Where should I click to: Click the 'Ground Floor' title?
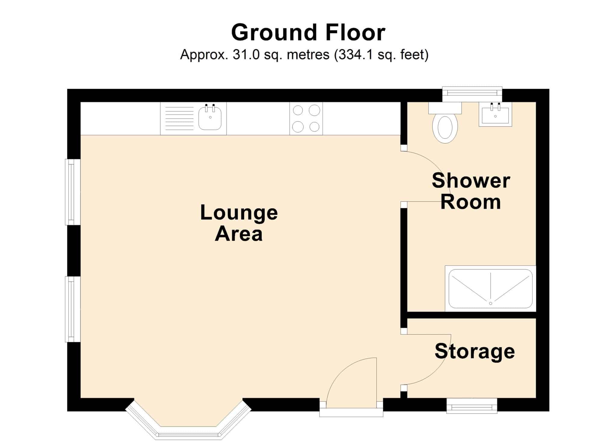coord(308,33)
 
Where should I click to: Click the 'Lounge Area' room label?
coord(239,223)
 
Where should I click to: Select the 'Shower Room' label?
coord(471,191)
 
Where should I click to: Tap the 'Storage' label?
coord(475,351)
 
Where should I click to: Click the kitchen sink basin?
coord(210,119)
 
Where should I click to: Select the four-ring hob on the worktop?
coord(306,119)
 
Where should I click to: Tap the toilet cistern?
coord(445,108)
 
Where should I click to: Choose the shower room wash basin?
coord(495,114)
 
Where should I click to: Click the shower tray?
coord(491,289)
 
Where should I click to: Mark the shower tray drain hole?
coord(491,303)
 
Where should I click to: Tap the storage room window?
coord(472,406)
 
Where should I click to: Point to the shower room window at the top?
coord(472,94)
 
